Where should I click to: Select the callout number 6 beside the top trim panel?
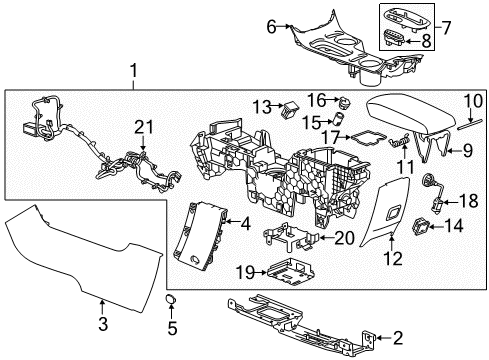point(270,29)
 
